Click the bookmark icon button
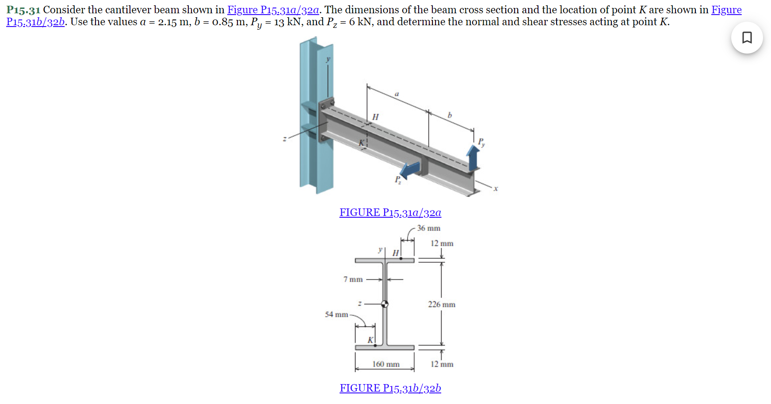(747, 38)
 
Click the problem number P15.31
(23, 10)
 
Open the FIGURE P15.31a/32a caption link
(390, 212)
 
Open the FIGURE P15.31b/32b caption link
(390, 388)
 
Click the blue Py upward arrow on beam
(473, 158)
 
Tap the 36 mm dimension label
(428, 228)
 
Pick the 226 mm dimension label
(441, 304)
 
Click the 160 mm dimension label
(385, 364)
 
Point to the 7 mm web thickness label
(353, 279)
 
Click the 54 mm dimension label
(336, 314)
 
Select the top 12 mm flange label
(442, 243)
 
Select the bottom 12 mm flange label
(442, 364)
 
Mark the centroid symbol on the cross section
(385, 304)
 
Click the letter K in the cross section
(370, 340)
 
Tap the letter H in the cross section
(395, 253)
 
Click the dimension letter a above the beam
(397, 94)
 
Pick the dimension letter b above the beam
(450, 115)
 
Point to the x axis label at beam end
(496, 189)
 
